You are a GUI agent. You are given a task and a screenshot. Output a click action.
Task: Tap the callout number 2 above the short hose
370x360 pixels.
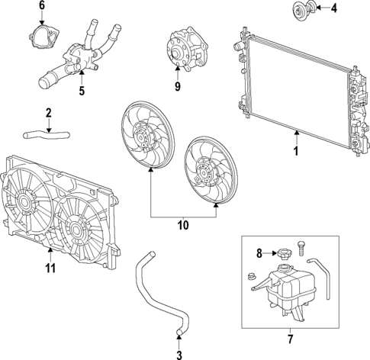(x=48, y=114)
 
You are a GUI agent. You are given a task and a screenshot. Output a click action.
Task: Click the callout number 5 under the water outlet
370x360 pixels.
(x=82, y=94)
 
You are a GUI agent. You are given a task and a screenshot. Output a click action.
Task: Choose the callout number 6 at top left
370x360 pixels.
(x=42, y=6)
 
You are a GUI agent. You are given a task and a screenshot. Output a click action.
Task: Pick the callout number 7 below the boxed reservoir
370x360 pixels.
(x=291, y=337)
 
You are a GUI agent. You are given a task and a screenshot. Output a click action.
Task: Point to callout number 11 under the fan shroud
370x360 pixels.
(x=50, y=267)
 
